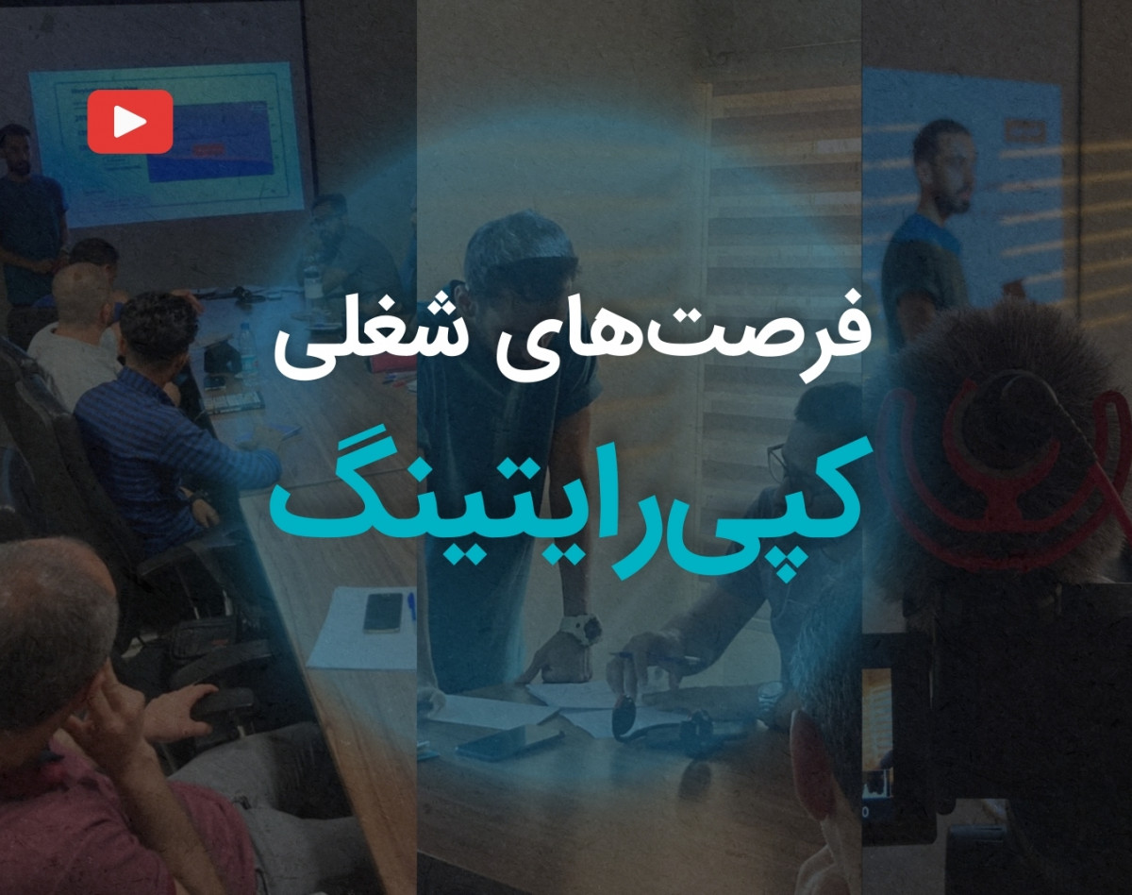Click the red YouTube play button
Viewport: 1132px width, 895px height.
pos(130,122)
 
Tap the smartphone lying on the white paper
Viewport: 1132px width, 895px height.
pos(383,613)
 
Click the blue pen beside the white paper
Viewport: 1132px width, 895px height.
pos(411,606)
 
